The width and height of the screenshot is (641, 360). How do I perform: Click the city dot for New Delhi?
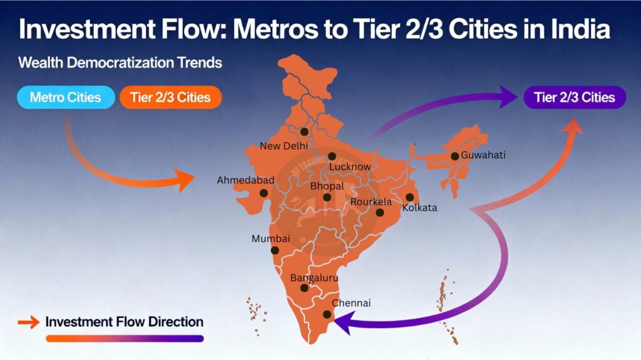[x=304, y=131]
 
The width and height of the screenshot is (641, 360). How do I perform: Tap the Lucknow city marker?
[x=332, y=156]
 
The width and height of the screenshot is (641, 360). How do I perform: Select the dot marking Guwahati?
[x=454, y=156]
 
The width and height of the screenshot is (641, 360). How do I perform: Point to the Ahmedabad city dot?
[x=264, y=193]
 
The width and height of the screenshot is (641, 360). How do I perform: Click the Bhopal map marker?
[x=327, y=197]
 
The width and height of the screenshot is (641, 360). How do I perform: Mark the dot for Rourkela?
[x=379, y=212]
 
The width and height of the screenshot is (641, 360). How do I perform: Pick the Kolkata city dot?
[x=409, y=197]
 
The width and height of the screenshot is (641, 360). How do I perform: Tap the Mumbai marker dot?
[x=275, y=250]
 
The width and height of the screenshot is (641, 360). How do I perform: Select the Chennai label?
[x=351, y=303]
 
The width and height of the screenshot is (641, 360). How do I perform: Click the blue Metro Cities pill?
[x=65, y=98]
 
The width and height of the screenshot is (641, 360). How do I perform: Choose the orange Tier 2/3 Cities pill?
[x=170, y=98]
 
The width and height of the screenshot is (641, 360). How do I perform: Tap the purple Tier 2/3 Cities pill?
[x=575, y=97]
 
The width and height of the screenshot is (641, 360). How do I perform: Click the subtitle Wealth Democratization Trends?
[x=120, y=63]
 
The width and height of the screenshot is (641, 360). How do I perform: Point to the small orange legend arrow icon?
[x=28, y=322]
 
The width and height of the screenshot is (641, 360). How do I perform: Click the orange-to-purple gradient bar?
[x=125, y=339]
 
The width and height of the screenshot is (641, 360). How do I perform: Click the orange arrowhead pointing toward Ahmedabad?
[x=186, y=182]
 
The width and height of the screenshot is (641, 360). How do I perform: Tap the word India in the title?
[x=579, y=30]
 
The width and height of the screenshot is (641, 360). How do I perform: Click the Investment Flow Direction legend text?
[x=125, y=322]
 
